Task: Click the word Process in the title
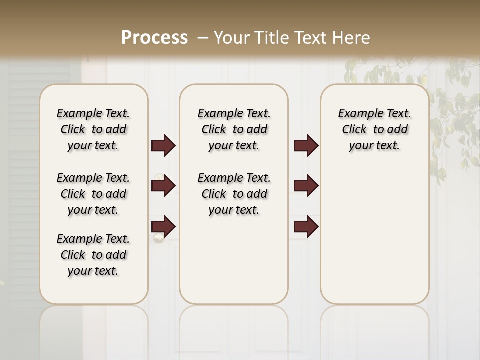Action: (155, 37)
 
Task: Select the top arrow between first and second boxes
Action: (163, 145)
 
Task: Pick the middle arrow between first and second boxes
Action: (163, 186)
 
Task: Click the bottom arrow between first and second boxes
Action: (163, 226)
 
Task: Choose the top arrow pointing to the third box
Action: (306, 145)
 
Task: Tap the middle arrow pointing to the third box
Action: (306, 186)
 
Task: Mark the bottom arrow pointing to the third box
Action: (306, 226)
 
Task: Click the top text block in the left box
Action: (93, 129)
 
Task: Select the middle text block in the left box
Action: (93, 194)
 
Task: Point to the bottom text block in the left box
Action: (93, 255)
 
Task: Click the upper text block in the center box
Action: (234, 129)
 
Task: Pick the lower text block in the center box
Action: (234, 194)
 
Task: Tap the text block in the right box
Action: (374, 129)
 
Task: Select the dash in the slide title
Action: (203, 38)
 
